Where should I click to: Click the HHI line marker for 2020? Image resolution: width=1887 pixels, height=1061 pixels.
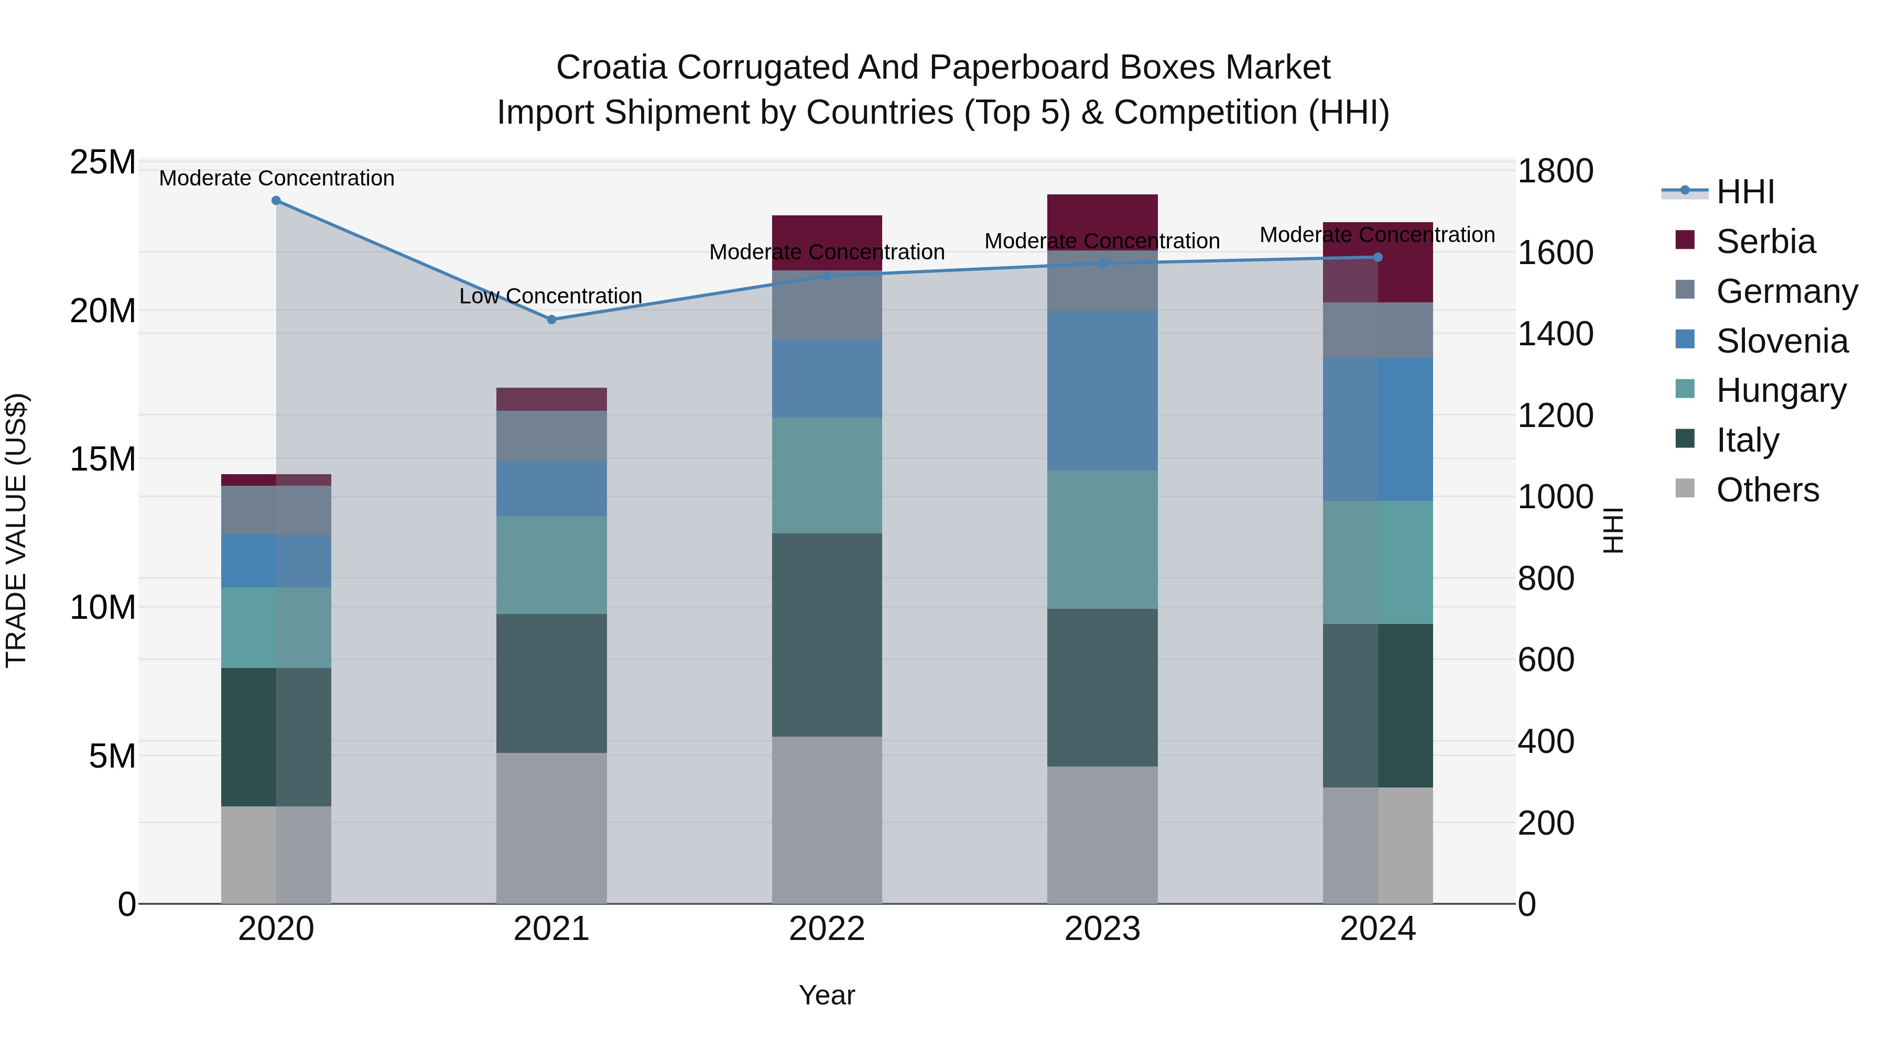[x=276, y=201]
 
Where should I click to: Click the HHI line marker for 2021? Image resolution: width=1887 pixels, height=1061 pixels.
[x=551, y=319]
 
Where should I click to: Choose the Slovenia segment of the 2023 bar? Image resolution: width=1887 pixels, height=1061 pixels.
[x=1102, y=390]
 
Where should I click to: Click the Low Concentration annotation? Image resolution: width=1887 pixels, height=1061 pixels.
[x=550, y=296]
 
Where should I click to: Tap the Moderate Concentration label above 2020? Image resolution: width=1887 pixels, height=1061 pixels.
[x=276, y=178]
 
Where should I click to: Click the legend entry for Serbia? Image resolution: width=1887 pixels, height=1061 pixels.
[x=1765, y=242]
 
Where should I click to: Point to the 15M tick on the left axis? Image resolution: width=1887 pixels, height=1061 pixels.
[x=103, y=459]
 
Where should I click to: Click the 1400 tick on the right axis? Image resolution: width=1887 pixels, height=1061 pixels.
[x=1555, y=334]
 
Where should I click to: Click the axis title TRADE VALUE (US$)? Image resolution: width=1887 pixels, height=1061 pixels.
[x=16, y=530]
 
